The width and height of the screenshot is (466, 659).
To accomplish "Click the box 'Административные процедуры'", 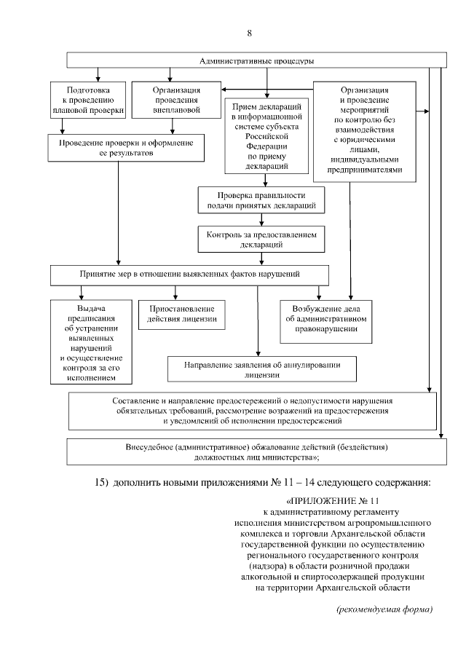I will (x=257, y=60).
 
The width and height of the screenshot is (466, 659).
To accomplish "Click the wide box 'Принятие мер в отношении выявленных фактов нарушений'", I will (x=189, y=275).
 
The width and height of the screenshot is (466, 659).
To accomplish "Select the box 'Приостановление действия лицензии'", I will (x=177, y=314).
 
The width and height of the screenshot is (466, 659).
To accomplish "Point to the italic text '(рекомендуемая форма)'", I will (x=384, y=608).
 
